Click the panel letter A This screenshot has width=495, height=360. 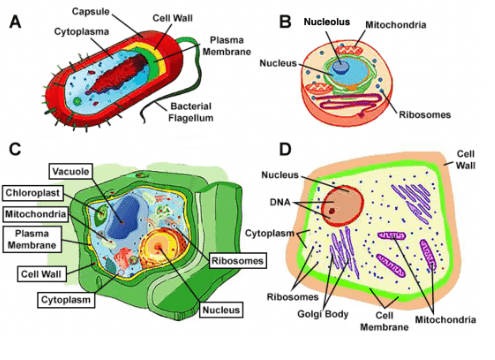pyautogui.click(x=15, y=22)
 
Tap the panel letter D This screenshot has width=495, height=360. pyautogui.click(x=285, y=149)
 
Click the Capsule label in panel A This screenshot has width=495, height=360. pyautogui.click(x=91, y=12)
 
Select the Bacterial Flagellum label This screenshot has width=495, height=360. pyautogui.click(x=191, y=112)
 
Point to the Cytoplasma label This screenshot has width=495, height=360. pyautogui.click(x=82, y=32)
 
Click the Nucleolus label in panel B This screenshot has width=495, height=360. pyautogui.click(x=327, y=22)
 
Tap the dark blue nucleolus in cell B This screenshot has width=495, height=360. pyautogui.click(x=341, y=66)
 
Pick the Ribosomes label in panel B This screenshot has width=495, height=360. pyautogui.click(x=425, y=115)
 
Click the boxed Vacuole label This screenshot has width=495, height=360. pyautogui.click(x=71, y=172)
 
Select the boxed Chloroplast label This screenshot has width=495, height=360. pyautogui.click(x=33, y=193)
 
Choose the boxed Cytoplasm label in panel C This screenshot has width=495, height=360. pyautogui.click(x=66, y=300)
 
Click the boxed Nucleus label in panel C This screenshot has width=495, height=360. pyautogui.click(x=221, y=310)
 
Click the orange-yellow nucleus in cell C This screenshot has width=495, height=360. pyautogui.click(x=159, y=247)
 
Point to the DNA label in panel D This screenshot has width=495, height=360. pyautogui.click(x=280, y=202)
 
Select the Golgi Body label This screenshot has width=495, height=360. pyautogui.click(x=323, y=314)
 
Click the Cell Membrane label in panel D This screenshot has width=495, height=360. pyautogui.click(x=384, y=321)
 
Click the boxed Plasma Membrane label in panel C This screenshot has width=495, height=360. pyautogui.click(x=32, y=239)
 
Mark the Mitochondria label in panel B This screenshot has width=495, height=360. pyautogui.click(x=396, y=25)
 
